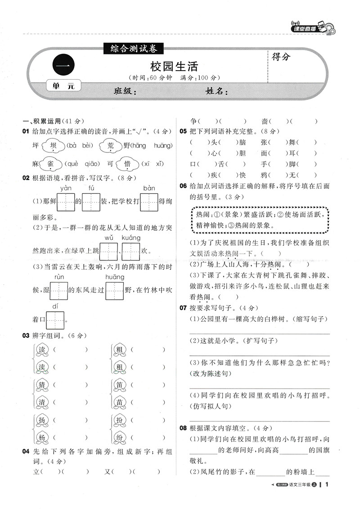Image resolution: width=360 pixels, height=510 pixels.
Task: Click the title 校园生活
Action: pyautogui.click(x=180, y=67)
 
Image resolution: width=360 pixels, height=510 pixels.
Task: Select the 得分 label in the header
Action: pyautogui.click(x=281, y=57)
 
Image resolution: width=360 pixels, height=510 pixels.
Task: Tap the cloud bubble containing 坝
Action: pyautogui.click(x=53, y=146)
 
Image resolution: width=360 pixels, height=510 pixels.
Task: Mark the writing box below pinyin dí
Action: pyautogui.click(x=55, y=320)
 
